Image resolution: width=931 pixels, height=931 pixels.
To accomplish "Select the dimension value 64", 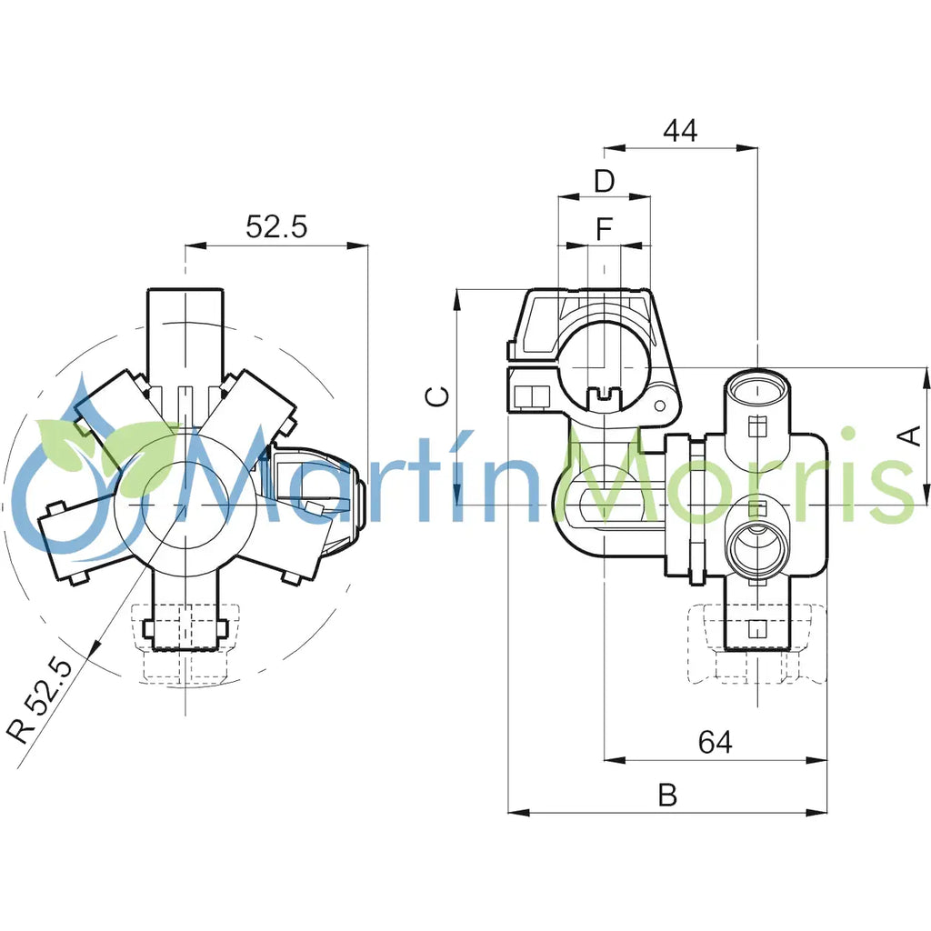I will click(715, 743).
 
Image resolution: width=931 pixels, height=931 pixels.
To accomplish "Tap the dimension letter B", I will click(667, 796).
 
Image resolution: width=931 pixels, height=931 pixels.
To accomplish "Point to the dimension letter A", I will click(908, 436).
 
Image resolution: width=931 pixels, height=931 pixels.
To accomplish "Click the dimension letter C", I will click(437, 396).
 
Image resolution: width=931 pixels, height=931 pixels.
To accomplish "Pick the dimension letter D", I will click(605, 181).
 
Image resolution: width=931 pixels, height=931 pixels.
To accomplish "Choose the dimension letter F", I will click(605, 230).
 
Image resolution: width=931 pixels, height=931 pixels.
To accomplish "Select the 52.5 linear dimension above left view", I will click(276, 227).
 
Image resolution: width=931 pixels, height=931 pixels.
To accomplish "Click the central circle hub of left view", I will click(185, 503).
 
